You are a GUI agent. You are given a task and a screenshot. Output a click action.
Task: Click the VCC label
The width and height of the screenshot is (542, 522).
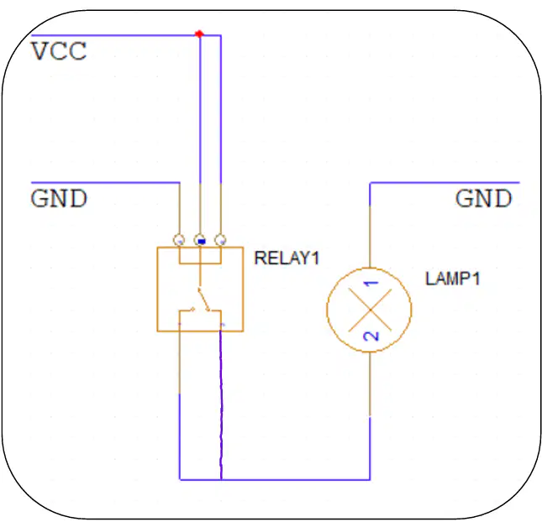59,51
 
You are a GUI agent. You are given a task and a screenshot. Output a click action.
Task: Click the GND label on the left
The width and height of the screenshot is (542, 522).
59,198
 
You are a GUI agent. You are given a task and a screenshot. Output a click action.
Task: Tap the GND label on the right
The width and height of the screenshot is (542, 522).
483,198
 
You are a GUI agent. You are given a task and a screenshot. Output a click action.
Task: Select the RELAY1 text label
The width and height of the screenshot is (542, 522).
287,258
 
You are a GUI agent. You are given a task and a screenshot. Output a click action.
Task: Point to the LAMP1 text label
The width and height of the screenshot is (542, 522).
453,279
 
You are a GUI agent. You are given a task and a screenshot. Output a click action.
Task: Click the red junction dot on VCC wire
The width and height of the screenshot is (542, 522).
199,34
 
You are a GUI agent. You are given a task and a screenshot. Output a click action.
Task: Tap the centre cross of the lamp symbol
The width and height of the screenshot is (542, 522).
370,310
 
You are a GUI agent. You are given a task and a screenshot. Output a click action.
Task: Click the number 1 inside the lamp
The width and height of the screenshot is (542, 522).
371,284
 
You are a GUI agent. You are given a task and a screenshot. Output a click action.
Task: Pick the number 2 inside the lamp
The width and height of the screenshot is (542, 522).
371,336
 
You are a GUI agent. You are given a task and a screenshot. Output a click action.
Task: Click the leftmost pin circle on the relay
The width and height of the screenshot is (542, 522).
179,239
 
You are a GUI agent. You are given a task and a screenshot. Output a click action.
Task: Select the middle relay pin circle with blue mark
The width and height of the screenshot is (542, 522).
200,239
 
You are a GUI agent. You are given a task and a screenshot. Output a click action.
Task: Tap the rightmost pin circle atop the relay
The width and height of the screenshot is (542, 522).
220,239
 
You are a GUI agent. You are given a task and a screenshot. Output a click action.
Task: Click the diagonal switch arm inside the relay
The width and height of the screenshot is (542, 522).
203,299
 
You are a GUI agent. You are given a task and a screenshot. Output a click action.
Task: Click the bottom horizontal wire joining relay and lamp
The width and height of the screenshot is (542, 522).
275,479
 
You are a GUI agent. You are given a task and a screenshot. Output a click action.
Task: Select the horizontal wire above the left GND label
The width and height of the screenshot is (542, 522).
105,182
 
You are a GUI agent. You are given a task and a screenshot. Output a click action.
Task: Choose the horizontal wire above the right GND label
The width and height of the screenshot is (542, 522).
445,182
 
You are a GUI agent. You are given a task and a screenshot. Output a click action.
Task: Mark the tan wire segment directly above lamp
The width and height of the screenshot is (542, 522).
370,237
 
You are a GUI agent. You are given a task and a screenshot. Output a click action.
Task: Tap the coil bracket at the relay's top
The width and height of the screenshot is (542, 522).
200,264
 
